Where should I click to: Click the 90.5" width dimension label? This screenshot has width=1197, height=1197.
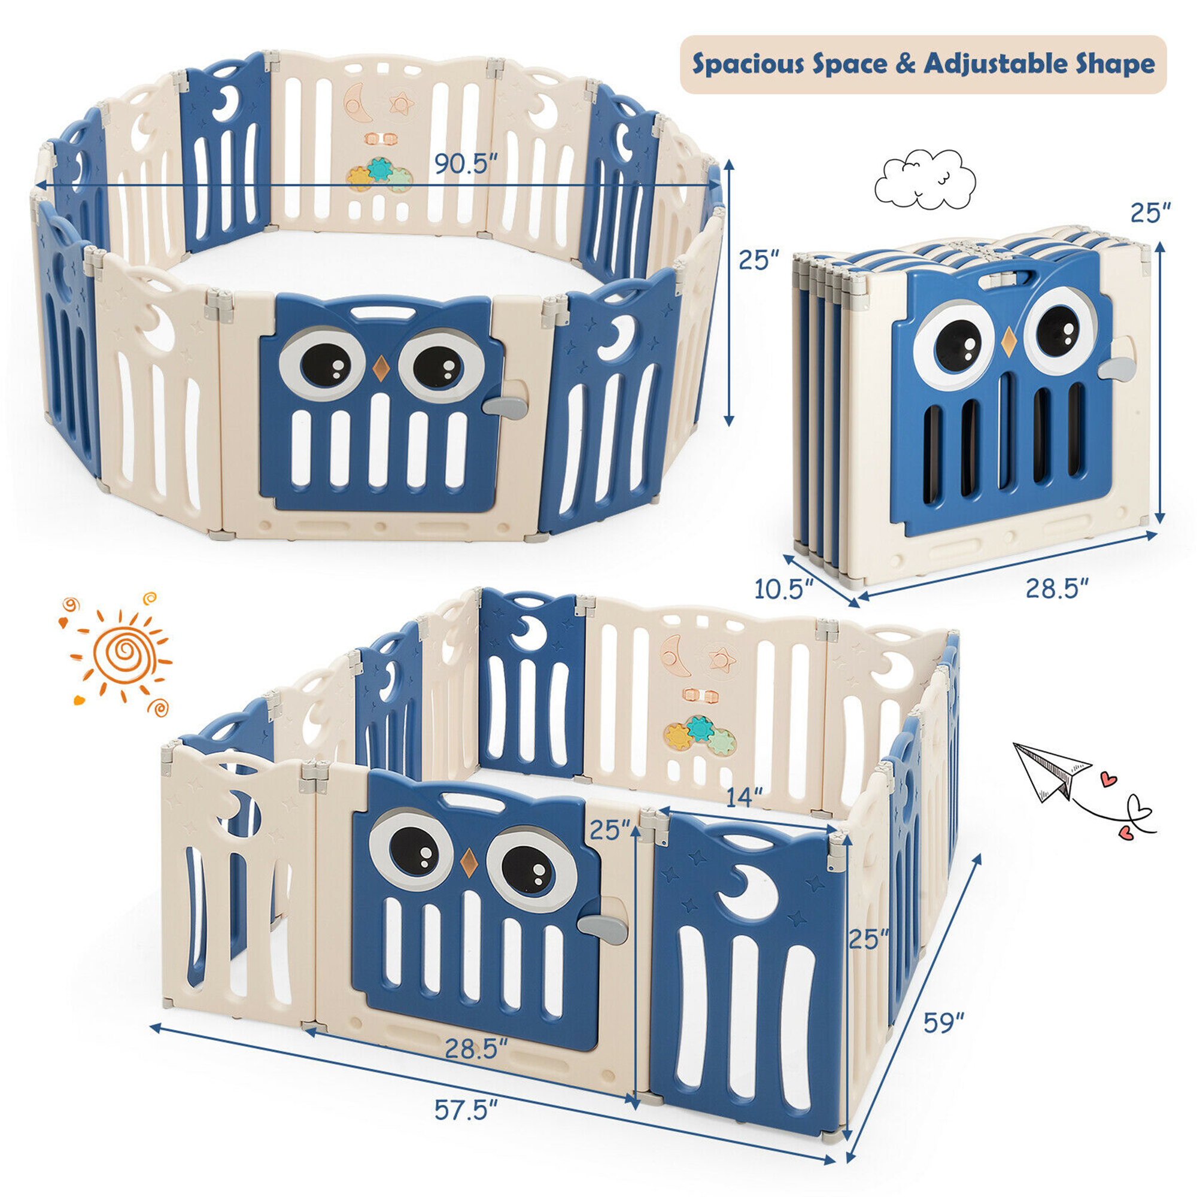466,164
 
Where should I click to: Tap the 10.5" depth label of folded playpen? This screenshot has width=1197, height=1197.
783,588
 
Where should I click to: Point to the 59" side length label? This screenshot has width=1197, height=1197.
944,1022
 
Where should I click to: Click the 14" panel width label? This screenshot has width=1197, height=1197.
744,797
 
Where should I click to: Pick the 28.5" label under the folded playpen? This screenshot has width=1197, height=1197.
1058,587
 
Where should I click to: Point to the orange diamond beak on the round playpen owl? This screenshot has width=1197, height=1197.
380,369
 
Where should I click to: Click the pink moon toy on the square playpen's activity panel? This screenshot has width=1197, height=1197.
676,655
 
